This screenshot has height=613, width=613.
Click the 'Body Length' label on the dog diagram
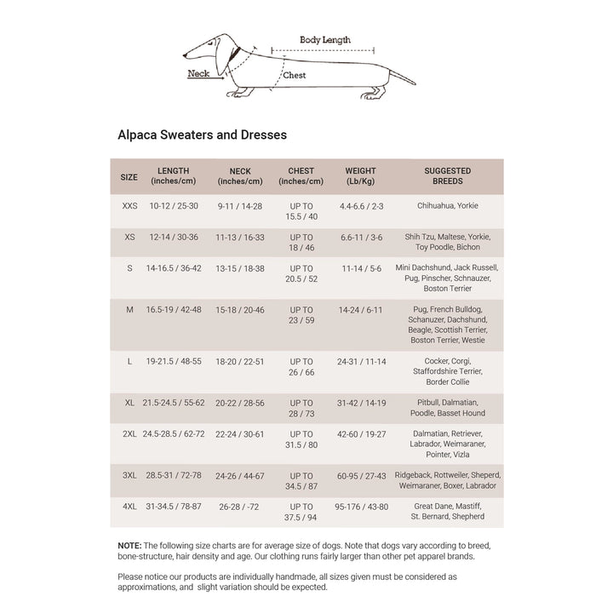point(324,40)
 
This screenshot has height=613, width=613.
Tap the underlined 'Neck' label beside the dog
point(198,74)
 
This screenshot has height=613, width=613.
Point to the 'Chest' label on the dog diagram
point(295,76)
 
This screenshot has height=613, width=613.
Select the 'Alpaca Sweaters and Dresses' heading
point(202,135)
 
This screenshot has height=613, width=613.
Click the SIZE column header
point(129,177)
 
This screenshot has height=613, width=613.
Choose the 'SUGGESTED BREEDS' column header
point(448,176)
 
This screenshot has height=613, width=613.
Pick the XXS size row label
point(129,206)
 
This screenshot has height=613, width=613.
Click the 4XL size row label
point(129,507)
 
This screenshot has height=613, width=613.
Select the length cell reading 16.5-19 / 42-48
point(174,310)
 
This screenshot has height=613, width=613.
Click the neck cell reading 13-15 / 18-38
point(240,268)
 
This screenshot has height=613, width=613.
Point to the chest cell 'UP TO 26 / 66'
point(301,367)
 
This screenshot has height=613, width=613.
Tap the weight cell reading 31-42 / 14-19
point(362,403)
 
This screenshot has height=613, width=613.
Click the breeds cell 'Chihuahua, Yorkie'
point(448,206)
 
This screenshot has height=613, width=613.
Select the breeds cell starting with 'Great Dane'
point(448,512)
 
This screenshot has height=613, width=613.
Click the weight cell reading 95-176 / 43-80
point(362,507)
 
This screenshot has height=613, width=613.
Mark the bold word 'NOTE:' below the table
point(129,545)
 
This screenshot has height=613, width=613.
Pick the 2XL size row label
point(129,434)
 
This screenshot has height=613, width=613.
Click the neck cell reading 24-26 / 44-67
point(240,476)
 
